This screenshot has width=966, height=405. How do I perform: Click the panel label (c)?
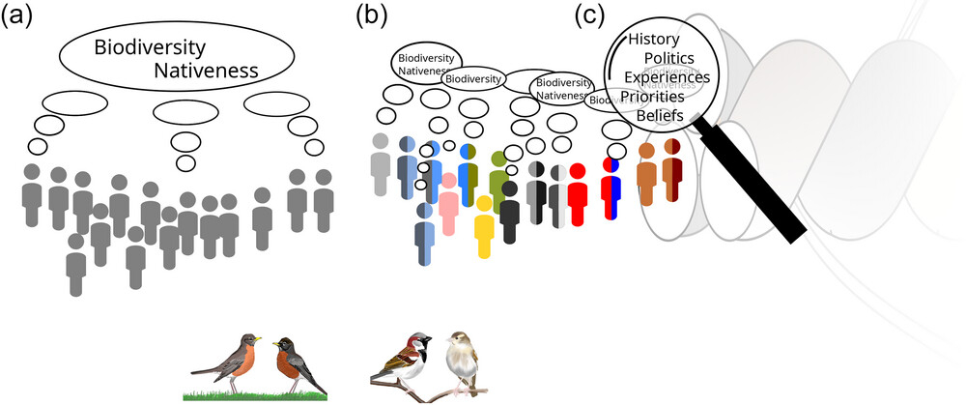pos(592,15)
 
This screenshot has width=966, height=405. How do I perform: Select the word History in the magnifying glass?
pos(653,40)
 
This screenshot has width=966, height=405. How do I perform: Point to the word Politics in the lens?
pos(668,59)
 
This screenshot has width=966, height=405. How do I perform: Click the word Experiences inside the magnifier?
pos(667,77)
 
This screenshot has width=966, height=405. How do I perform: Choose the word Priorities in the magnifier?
pos(652,97)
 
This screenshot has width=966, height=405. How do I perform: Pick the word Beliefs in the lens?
pos(660,115)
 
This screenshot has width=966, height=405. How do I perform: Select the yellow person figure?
pos(485,226)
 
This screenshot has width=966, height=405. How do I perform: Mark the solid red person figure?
pos(577,194)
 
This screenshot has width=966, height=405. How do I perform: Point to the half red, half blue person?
pos(611,186)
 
